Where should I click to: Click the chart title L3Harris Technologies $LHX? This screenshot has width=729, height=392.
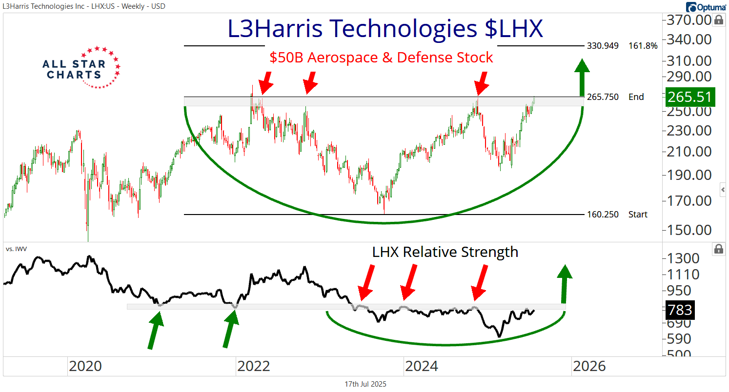385,29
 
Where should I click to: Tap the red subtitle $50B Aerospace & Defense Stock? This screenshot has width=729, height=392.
381,58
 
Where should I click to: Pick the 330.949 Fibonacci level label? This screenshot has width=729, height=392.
603,46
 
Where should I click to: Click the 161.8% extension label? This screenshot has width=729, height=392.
643,46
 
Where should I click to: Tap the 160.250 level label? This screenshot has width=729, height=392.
603,215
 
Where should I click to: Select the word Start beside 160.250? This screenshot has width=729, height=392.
638,215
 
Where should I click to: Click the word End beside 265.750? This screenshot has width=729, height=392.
636,97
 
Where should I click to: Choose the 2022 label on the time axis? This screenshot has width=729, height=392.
253,366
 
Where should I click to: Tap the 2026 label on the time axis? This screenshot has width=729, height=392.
589,366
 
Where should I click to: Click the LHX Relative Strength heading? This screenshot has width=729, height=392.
445,252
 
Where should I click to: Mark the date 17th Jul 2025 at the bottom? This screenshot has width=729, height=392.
365,384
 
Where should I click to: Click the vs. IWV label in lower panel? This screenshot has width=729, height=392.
17,249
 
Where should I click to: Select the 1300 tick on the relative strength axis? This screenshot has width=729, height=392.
682,258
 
